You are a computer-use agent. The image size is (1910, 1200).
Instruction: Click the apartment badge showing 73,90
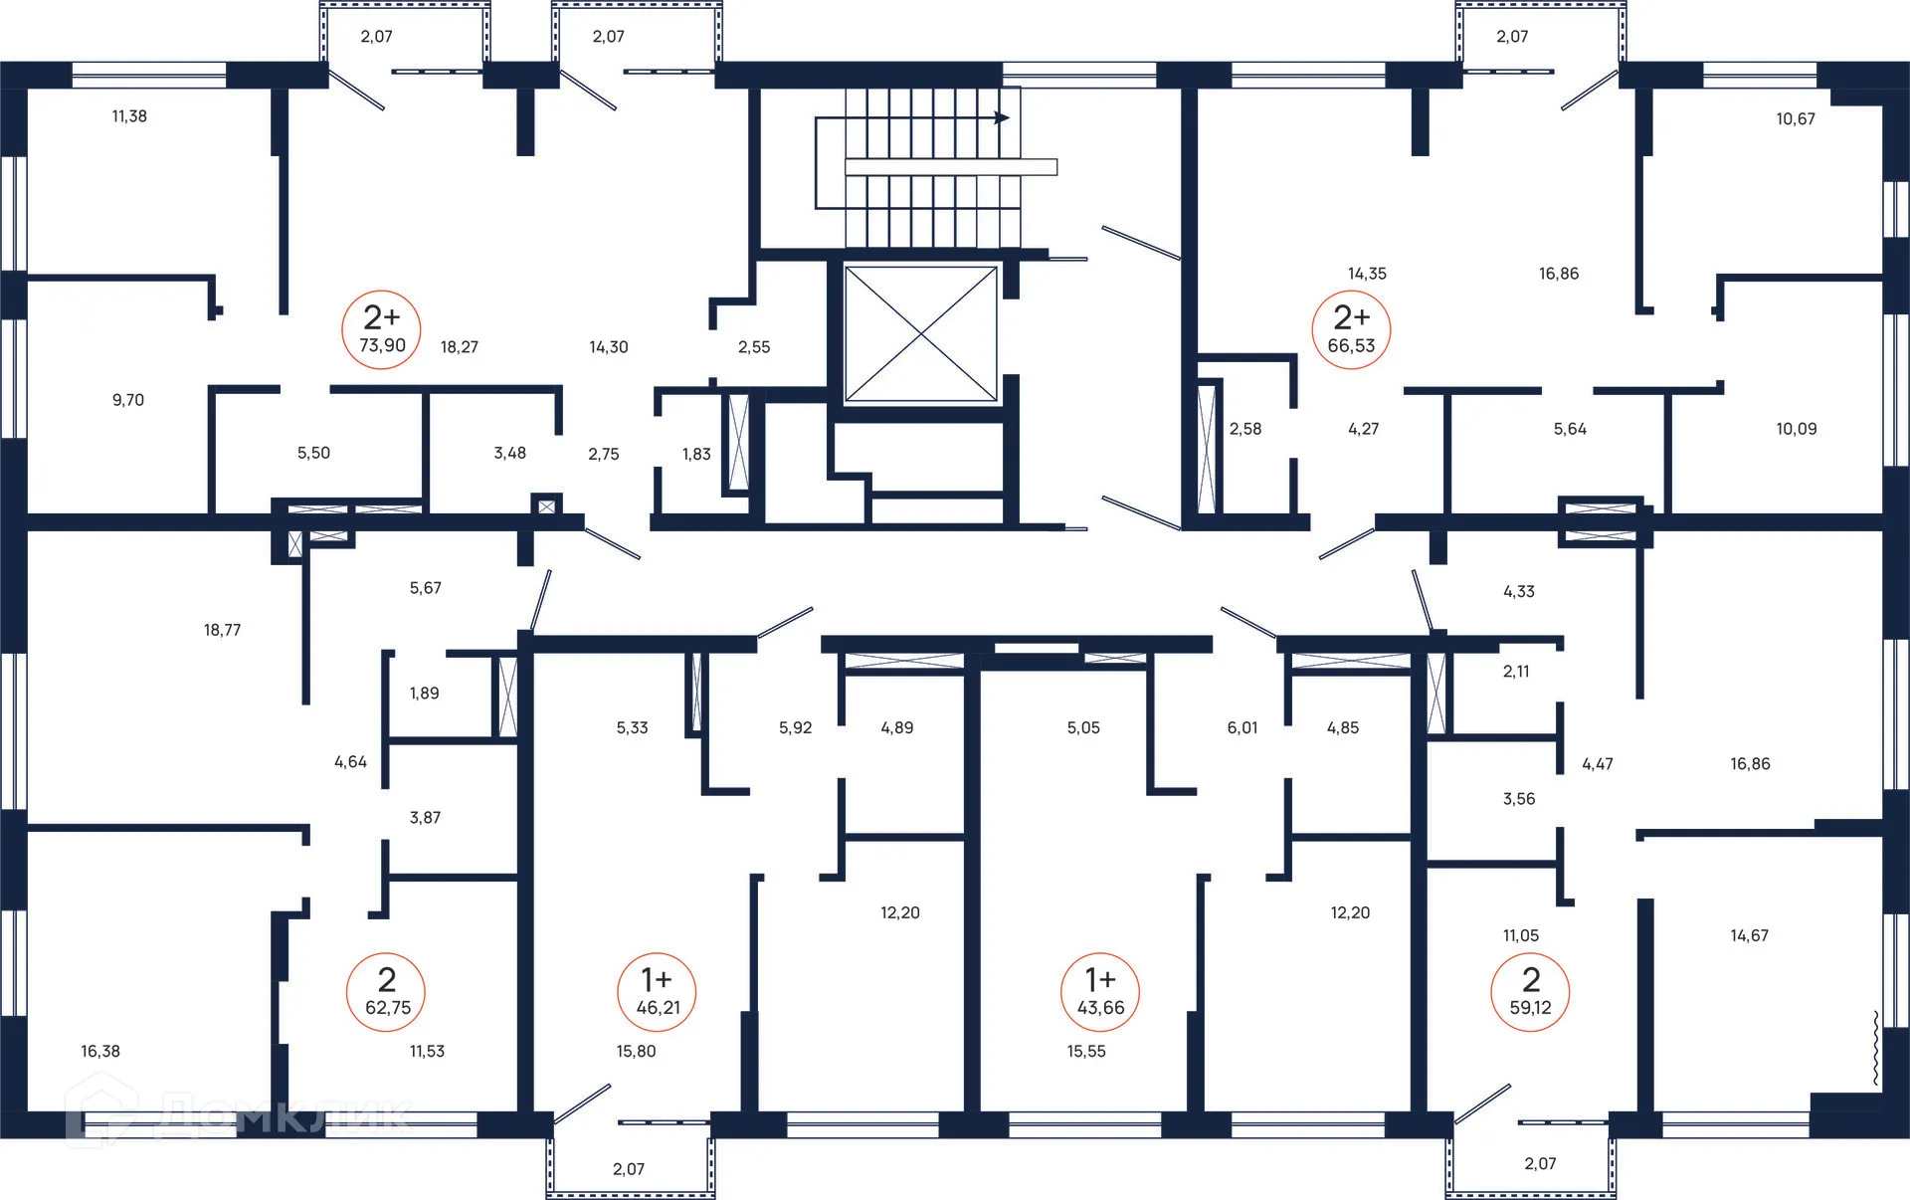point(381,329)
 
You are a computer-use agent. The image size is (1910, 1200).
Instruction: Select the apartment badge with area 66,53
point(1351,329)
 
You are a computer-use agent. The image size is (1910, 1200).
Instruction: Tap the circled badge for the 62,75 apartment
point(386,992)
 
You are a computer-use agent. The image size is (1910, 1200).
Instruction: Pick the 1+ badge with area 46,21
point(657,992)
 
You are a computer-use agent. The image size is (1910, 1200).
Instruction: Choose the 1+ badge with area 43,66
point(1100,992)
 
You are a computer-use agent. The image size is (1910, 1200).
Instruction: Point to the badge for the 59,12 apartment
point(1530,992)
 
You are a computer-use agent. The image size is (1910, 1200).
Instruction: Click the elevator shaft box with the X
point(921,334)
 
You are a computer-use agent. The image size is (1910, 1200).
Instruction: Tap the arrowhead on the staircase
point(1003,117)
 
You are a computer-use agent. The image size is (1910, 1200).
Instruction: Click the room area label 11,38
point(129,116)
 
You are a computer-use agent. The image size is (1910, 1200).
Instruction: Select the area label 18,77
point(222,630)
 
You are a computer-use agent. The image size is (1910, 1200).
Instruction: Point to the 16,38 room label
point(100,1051)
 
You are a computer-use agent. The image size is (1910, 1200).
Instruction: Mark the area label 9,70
point(128,400)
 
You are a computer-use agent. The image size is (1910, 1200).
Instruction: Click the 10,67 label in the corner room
point(1796,119)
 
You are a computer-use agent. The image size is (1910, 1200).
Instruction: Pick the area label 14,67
point(1749,935)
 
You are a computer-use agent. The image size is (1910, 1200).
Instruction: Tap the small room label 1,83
point(696,454)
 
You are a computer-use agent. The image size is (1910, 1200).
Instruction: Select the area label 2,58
point(1245,429)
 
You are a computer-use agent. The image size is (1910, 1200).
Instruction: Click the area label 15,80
point(636,1051)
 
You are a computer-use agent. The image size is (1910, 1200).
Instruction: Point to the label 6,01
point(1242,727)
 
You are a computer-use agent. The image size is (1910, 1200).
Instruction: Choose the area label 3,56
point(1519,799)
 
